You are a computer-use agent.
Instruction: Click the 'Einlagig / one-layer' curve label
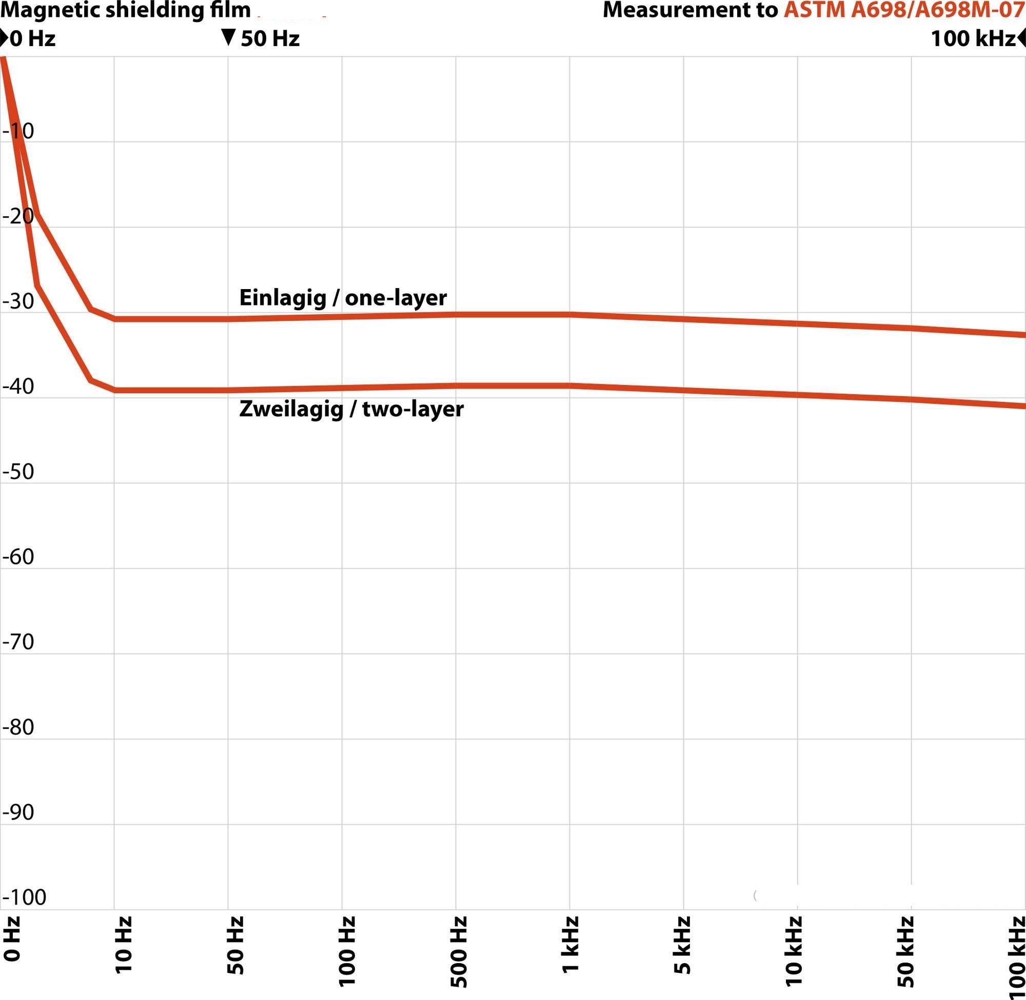(343, 298)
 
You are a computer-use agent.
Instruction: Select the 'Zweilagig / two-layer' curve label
(351, 409)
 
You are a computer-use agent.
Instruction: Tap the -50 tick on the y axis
(18, 472)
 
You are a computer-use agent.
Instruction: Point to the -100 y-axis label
(24, 897)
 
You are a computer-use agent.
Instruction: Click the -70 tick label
(18, 642)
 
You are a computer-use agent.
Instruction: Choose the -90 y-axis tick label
(18, 812)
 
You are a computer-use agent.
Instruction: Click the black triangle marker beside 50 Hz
(228, 38)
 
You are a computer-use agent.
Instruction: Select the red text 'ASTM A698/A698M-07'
(904, 10)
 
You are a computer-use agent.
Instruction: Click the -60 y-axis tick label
(18, 557)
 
